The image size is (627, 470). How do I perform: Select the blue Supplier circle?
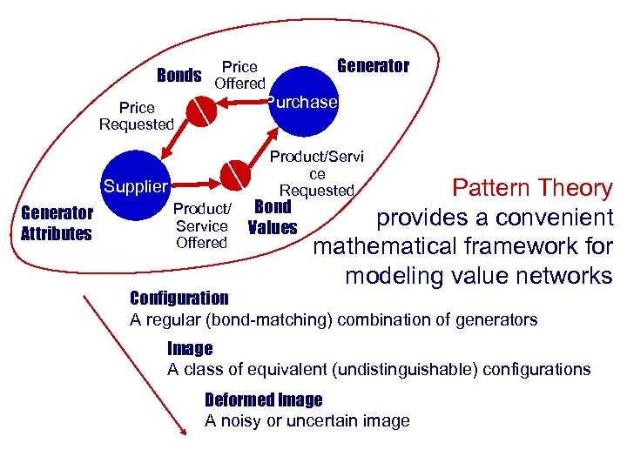pos(136,185)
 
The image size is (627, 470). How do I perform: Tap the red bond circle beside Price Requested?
pos(202,111)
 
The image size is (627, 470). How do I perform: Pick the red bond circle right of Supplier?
pos(235,174)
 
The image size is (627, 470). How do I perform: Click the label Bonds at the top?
pos(179,75)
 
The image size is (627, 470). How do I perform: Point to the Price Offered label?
pos(239,75)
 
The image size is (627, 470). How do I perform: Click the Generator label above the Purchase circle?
pos(373,66)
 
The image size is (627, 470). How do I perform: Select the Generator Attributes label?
pos(57,222)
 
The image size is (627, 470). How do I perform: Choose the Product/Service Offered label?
pos(201,225)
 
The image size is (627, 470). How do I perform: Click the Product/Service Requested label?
pos(316,173)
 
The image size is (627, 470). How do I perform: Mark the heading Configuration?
pos(179,298)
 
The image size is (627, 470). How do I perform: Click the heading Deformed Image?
pos(263,400)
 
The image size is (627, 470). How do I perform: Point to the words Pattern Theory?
pos(533,188)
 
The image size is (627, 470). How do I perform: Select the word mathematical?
pos(388,247)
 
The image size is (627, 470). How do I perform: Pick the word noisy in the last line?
pos(240,421)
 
